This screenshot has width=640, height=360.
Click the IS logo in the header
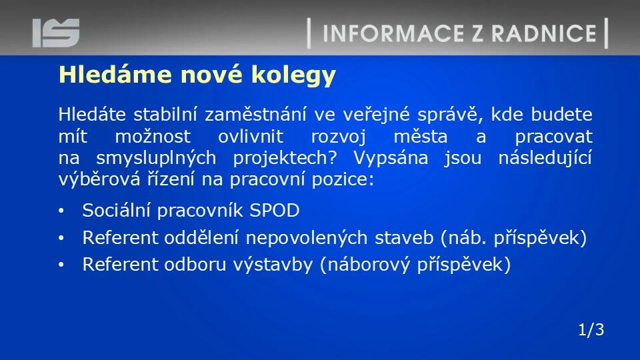coord(56,33)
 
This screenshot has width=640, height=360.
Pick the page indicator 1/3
coord(591,329)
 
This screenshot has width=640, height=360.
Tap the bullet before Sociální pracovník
coord(61,211)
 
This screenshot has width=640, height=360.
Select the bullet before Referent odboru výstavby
coord(61,265)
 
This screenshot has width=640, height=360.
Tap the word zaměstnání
coord(255,114)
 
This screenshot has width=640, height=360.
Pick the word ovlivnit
coord(251,136)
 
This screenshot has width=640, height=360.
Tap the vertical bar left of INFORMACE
coord(309,33)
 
